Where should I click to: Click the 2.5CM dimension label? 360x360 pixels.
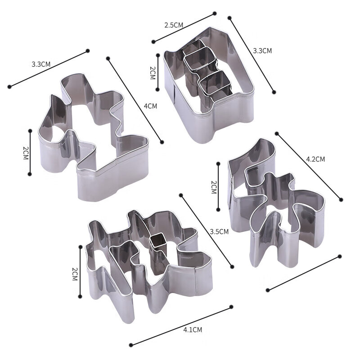pyautogui.click(x=174, y=25)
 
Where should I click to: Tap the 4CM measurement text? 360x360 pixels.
pyautogui.click(x=150, y=106)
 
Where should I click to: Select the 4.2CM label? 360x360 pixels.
pyautogui.click(x=315, y=159)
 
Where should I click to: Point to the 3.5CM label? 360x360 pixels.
pyautogui.click(x=219, y=231)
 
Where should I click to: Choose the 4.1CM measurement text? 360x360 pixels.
pyautogui.click(x=193, y=330)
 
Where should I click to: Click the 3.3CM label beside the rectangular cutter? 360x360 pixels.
pyautogui.click(x=262, y=50)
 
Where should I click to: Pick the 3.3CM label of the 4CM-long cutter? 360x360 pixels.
pyautogui.click(x=41, y=64)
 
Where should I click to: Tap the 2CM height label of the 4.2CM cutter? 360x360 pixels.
pyautogui.click(x=214, y=187)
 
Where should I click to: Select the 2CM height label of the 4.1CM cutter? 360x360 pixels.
pyautogui.click(x=75, y=274)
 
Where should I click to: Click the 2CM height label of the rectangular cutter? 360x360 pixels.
pyautogui.click(x=153, y=73)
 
